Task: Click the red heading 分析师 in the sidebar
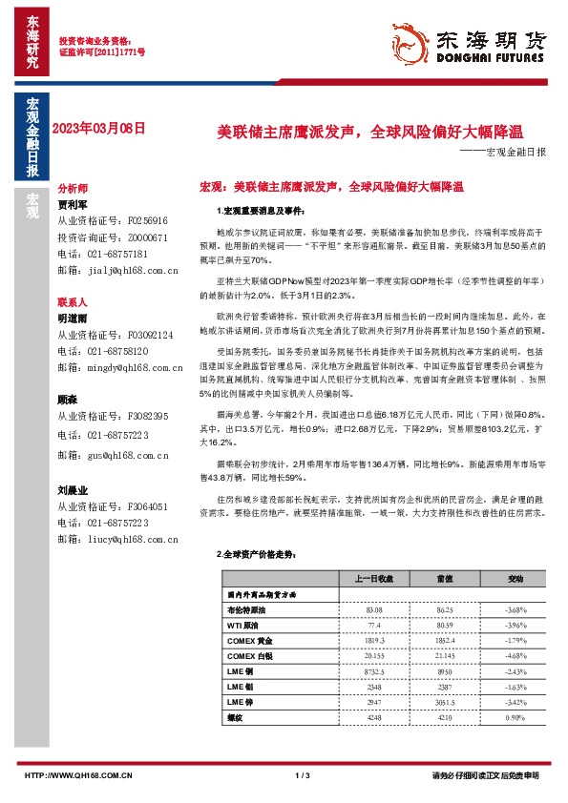[73, 189]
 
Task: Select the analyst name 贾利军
[73, 204]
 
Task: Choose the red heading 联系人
[73, 300]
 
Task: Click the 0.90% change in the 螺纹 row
[515, 717]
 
